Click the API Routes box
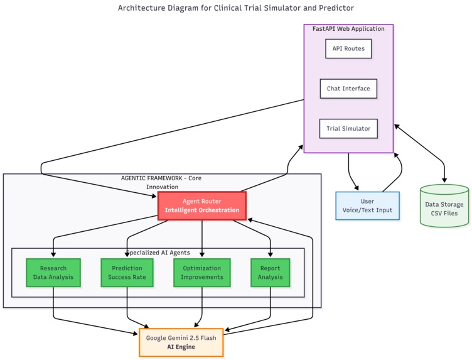pos(348,48)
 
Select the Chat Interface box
pos(348,89)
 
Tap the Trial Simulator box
pos(348,129)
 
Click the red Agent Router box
pos(202,205)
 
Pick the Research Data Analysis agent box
pos(53,273)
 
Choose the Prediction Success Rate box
pos(127,273)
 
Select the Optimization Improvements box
pos(202,273)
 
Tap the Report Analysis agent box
pos(271,273)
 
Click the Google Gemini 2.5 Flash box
pos(181,342)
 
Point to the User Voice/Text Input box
pos(368,205)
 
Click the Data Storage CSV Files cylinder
pos(444,205)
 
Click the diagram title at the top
pos(236,8)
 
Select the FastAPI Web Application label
pos(348,29)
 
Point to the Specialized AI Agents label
pos(158,253)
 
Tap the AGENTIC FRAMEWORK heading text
pos(161,182)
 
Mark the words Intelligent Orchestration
pos(202,210)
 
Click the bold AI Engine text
pos(181,347)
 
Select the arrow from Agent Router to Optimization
pos(202,239)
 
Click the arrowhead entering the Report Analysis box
pos(271,254)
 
